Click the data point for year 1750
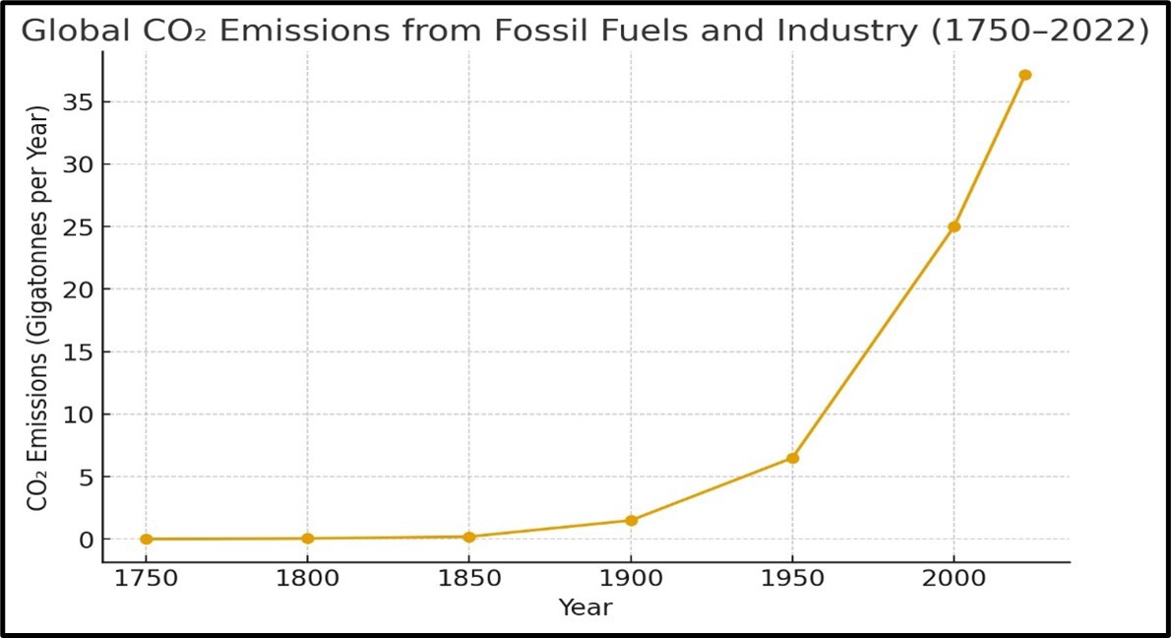coord(147,540)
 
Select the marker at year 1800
coord(308,539)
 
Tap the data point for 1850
coord(469,537)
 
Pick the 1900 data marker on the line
coord(631,520)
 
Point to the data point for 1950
coord(792,458)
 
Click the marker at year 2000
coord(954,226)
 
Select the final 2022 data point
coord(1024,75)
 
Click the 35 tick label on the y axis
coord(77,102)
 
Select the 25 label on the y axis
coord(77,227)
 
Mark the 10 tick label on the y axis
coord(77,415)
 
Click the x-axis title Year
coord(585,608)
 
